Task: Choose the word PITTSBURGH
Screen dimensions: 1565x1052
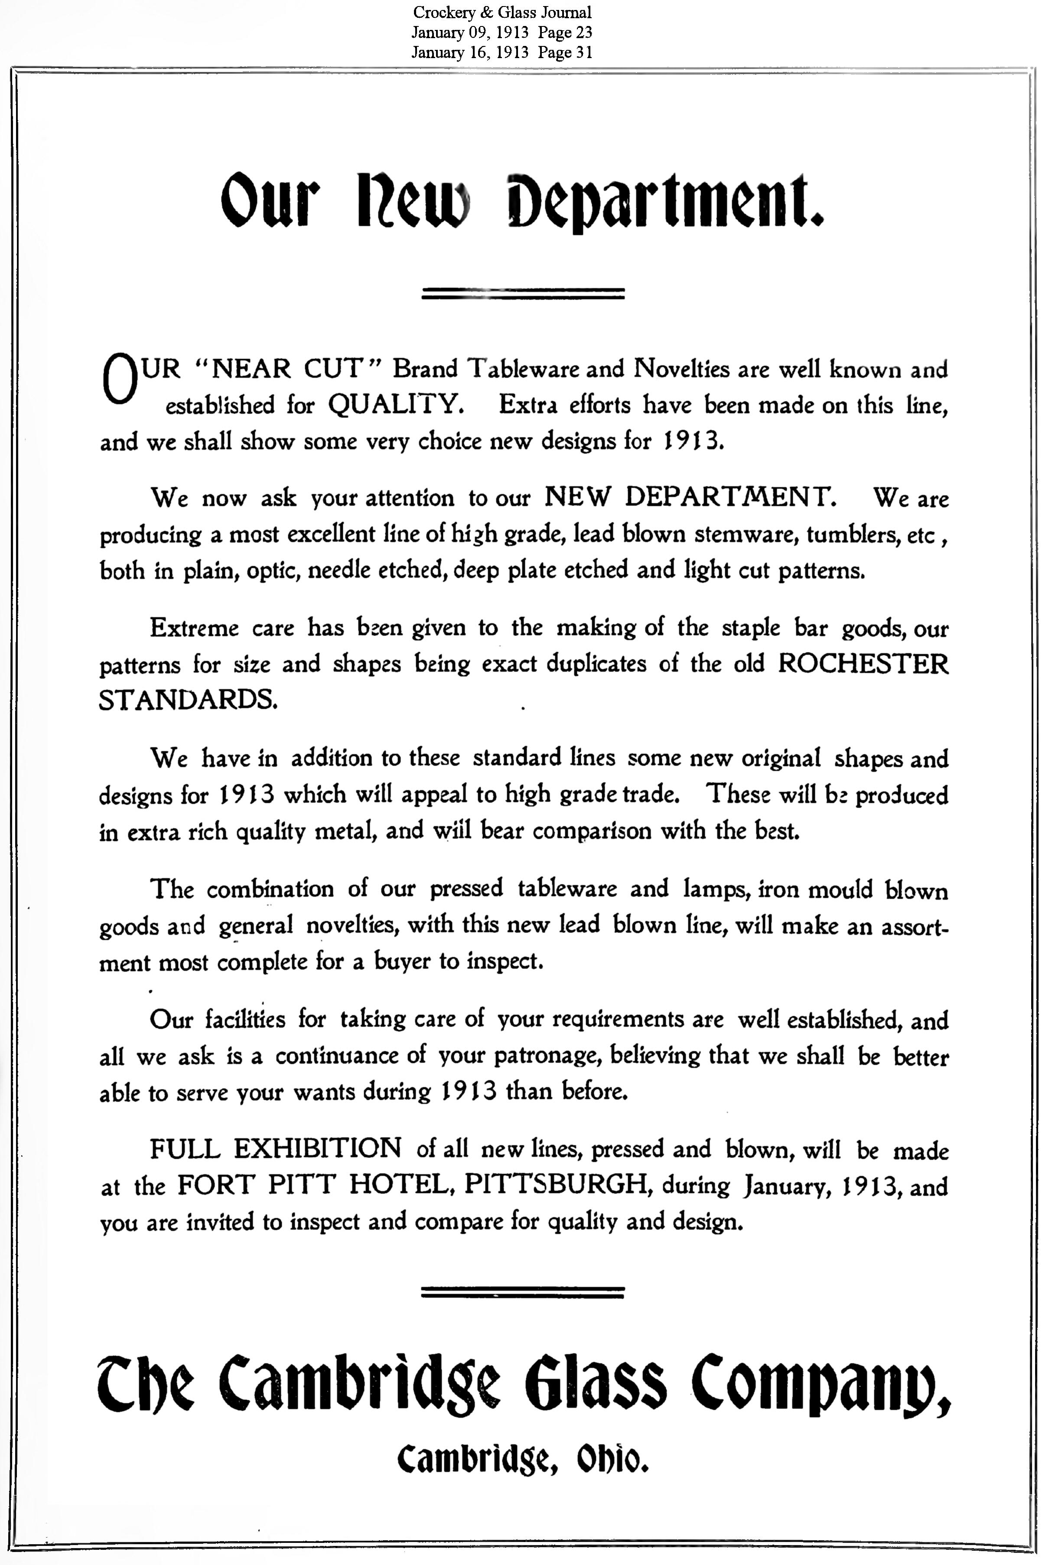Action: (x=560, y=1185)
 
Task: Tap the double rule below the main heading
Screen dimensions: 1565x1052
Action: (x=523, y=293)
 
